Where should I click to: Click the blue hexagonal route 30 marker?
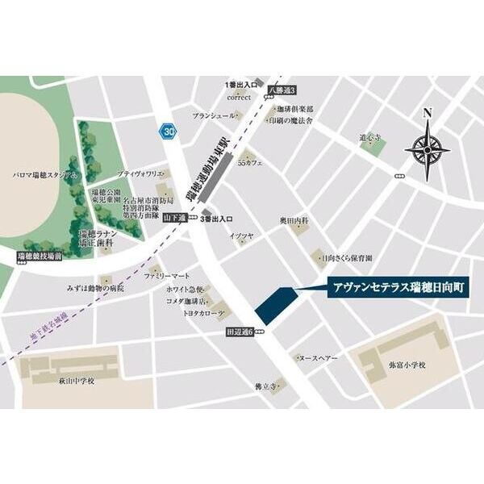click(x=168, y=130)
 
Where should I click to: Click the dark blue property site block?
click(x=274, y=305)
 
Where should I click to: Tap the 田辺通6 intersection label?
click(x=239, y=332)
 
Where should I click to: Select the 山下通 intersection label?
click(x=174, y=218)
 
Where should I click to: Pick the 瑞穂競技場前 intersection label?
click(x=39, y=257)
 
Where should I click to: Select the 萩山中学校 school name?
click(x=77, y=381)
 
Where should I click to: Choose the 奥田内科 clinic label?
click(x=294, y=219)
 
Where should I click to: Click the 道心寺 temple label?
click(x=370, y=137)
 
